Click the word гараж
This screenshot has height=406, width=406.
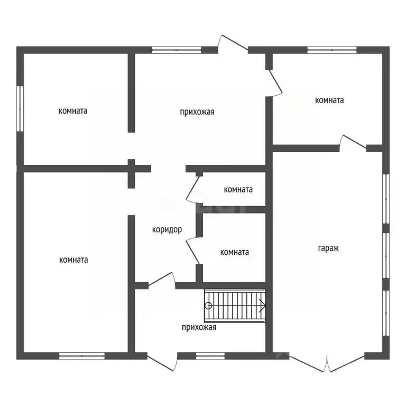(x=328, y=248)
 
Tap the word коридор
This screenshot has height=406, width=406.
(x=167, y=229)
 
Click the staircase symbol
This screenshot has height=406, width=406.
(x=235, y=306)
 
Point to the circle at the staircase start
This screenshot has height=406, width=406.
(x=208, y=306)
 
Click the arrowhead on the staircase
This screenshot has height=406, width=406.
(x=263, y=306)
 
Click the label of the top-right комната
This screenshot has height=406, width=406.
(x=329, y=100)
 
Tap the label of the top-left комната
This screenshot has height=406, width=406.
(x=73, y=111)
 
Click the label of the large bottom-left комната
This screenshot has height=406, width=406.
(x=73, y=260)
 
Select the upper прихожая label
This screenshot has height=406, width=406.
(x=197, y=112)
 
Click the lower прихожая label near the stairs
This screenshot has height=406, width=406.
(x=199, y=327)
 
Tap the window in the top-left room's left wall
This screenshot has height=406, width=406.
(x=20, y=109)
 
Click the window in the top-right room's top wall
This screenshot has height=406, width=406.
(x=332, y=50)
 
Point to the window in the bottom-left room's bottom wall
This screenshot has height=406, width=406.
(x=82, y=356)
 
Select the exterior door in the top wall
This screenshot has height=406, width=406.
(x=233, y=44)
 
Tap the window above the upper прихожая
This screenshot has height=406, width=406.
(x=177, y=50)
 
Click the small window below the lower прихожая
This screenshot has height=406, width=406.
(x=210, y=356)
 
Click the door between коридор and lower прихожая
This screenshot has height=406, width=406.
(x=162, y=281)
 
